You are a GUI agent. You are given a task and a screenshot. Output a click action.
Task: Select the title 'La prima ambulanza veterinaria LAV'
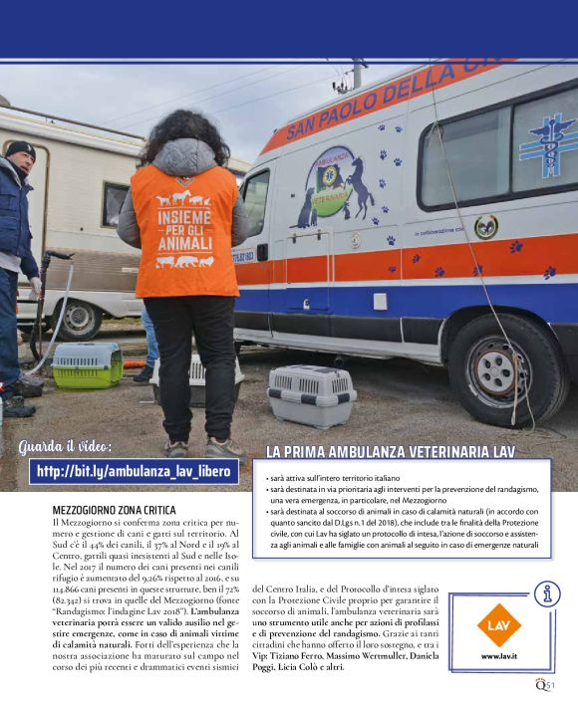coord(391,452)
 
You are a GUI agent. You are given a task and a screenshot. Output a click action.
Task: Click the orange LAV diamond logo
coord(498,624)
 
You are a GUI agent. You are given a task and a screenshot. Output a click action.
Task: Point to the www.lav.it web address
coord(498,656)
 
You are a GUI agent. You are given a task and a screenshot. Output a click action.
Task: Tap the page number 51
coord(550,683)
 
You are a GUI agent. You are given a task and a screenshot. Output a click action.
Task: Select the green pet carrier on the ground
coord(87,364)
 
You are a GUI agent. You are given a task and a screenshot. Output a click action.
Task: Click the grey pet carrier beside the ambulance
coord(313,393)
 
